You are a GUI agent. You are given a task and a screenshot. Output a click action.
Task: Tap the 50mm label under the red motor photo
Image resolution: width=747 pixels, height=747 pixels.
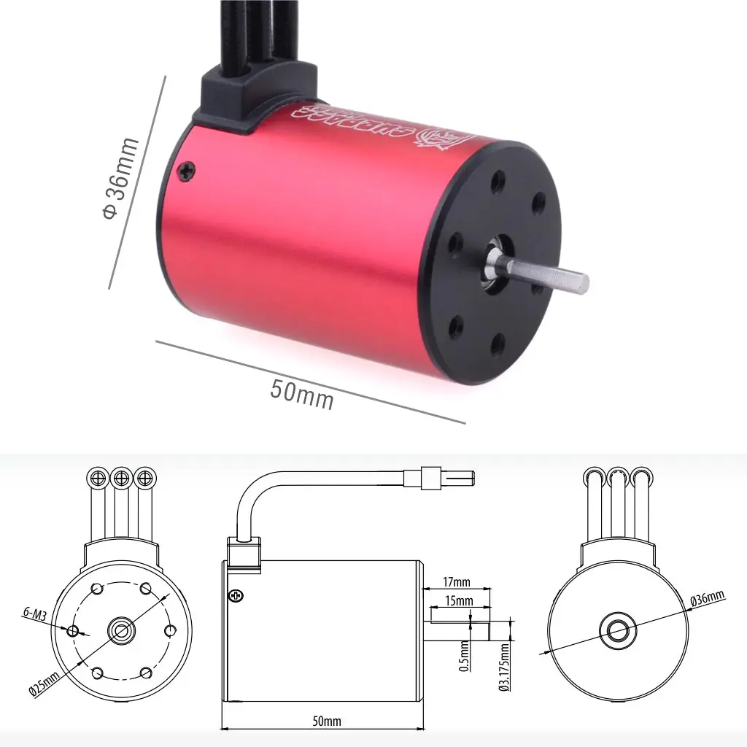301,395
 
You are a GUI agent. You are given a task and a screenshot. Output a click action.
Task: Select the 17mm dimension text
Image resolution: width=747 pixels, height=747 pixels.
457,582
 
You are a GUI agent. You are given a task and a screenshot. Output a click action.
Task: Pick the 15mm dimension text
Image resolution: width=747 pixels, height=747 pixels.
459,601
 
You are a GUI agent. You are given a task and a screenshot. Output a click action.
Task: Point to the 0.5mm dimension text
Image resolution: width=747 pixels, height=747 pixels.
465,656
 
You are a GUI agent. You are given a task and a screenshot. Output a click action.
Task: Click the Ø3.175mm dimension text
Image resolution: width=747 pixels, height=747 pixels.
503,665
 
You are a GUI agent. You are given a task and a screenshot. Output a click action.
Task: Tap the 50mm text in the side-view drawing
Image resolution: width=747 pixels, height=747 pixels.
326,721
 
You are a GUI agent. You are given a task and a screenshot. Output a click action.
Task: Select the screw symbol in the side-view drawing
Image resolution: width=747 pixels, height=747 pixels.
236,595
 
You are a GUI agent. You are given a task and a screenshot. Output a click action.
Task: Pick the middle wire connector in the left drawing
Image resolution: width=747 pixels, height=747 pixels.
121,478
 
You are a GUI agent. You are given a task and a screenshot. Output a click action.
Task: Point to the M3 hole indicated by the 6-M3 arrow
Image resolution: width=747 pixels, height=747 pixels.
73,630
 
